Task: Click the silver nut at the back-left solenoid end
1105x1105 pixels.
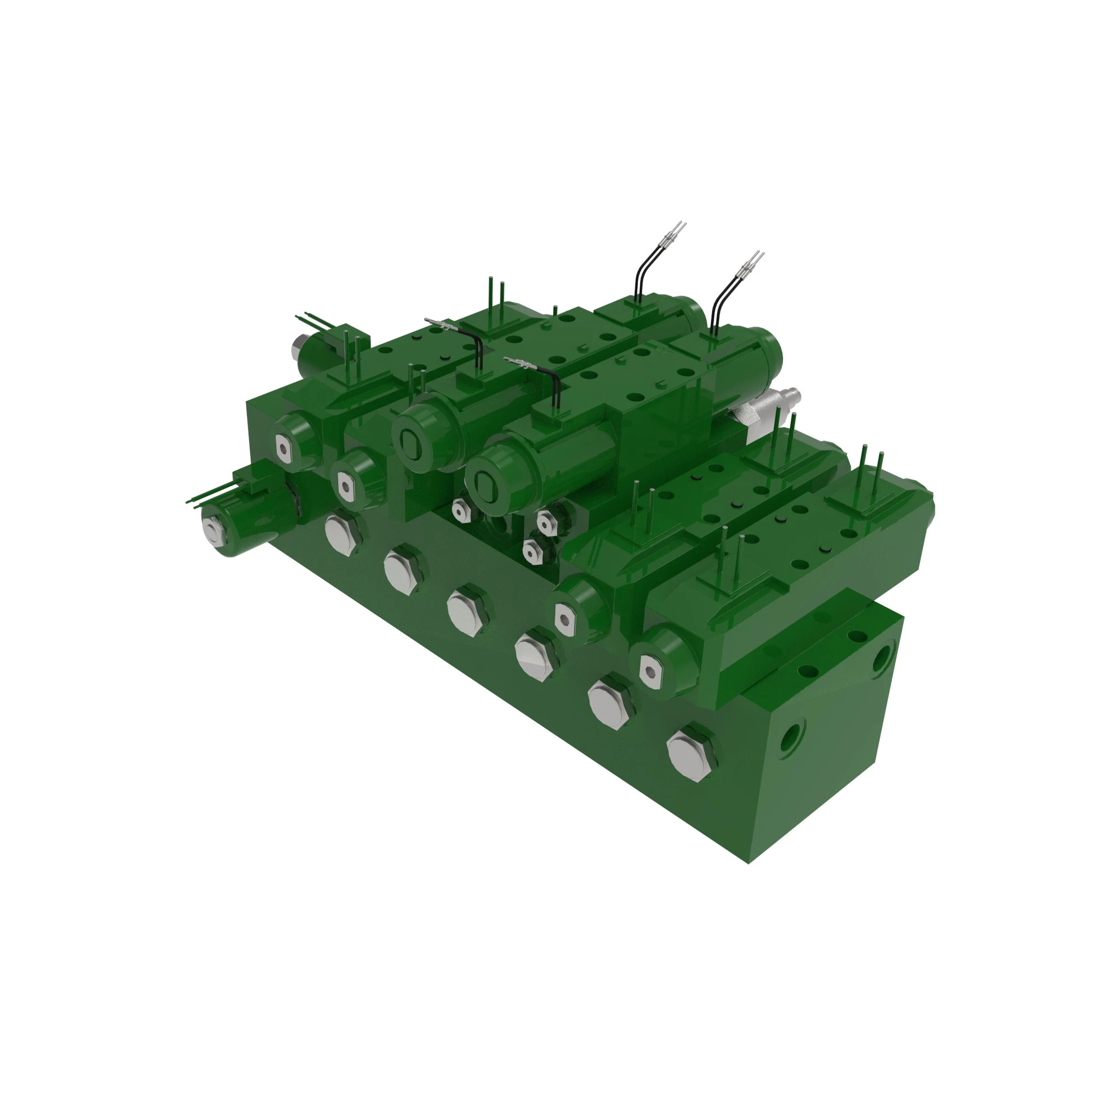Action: tap(297, 345)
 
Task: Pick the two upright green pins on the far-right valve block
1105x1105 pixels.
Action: tap(872, 467)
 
